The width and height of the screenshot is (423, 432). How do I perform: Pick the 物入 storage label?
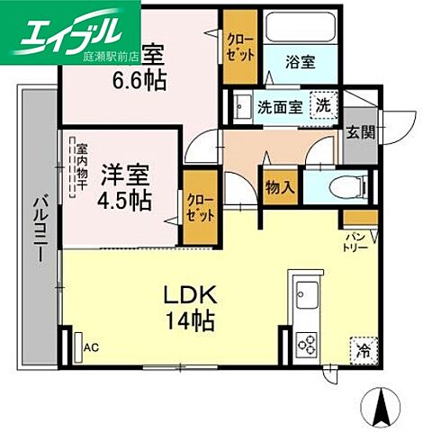(278, 188)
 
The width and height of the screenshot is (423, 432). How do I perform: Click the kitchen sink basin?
(304, 294)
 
